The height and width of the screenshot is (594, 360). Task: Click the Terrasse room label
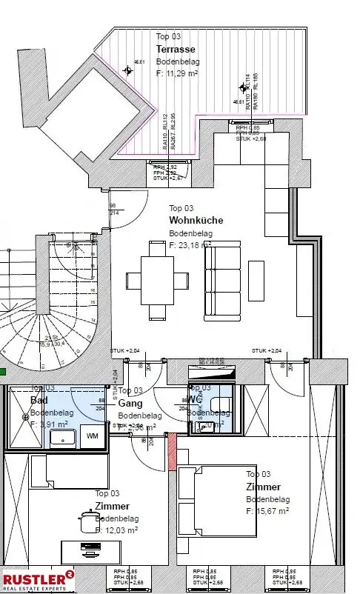pyautogui.click(x=174, y=49)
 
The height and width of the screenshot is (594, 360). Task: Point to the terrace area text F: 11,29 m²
pyautogui.click(x=177, y=74)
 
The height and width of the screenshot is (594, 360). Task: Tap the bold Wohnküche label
pyautogui.click(x=196, y=220)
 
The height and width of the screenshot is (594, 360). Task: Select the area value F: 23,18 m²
pyautogui.click(x=190, y=244)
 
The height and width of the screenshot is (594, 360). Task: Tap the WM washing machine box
pyautogui.click(x=92, y=436)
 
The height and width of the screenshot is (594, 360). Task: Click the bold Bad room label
pyautogui.click(x=39, y=400)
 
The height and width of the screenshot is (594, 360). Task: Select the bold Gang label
pyautogui.click(x=130, y=403)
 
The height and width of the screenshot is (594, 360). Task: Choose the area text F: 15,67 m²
pyautogui.click(x=267, y=511)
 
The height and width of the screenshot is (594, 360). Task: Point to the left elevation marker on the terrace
pyautogui.click(x=128, y=71)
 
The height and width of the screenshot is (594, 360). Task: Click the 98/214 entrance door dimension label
pyautogui.click(x=113, y=209)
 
